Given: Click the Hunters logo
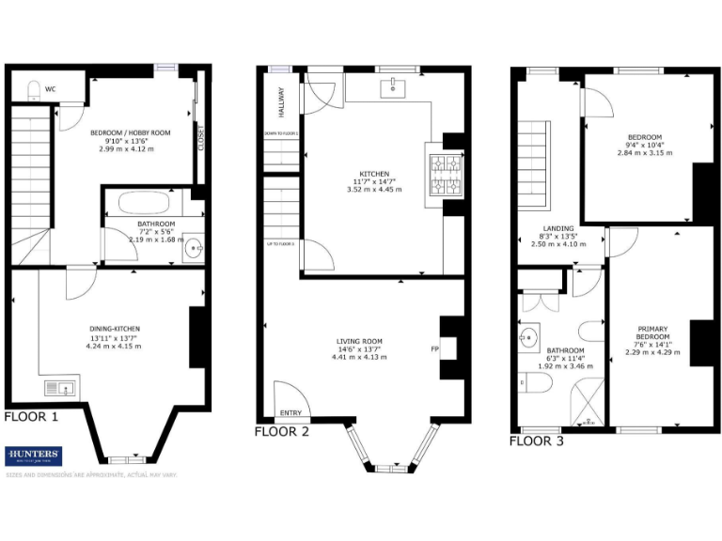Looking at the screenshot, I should [x=34, y=456].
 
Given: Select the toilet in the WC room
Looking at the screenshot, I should [x=35, y=91].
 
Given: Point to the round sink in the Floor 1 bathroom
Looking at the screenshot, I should [x=193, y=248].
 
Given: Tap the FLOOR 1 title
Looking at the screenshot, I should [x=31, y=416].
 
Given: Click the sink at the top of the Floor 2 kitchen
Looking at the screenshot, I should [x=390, y=88].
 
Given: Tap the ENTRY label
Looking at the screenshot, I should [x=290, y=413].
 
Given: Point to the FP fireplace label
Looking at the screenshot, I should [x=434, y=349].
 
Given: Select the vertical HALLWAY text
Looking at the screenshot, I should [x=280, y=102].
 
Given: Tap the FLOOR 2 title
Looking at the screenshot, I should [x=282, y=432].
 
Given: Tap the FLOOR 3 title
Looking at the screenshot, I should [x=537, y=440].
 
